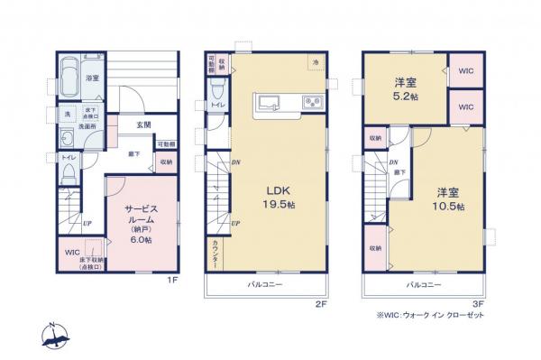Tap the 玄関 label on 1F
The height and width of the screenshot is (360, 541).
pyautogui.click(x=143, y=125)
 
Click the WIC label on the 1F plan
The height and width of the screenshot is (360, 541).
pyautogui.click(x=71, y=252)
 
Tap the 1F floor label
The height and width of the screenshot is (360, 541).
pyautogui.click(x=170, y=281)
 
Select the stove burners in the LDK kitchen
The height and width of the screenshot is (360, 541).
pyautogui.click(x=312, y=100)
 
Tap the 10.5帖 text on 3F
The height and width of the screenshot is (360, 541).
pyautogui.click(x=447, y=207)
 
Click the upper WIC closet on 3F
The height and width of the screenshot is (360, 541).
pyautogui.click(x=465, y=70)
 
